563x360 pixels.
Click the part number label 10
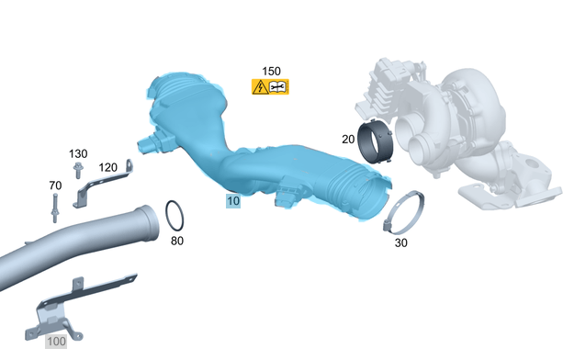tap(233, 200)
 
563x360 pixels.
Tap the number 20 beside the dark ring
tap(348, 140)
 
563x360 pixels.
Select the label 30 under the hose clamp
tap(401, 243)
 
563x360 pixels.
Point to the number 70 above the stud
tap(55, 186)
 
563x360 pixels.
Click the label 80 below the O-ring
tap(177, 241)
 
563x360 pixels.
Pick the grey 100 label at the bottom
tap(56, 342)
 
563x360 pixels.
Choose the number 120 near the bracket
tap(107, 167)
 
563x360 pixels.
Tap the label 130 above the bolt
tap(78, 154)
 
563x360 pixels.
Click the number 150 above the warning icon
tap(271, 71)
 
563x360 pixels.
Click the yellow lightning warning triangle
tap(260, 87)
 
